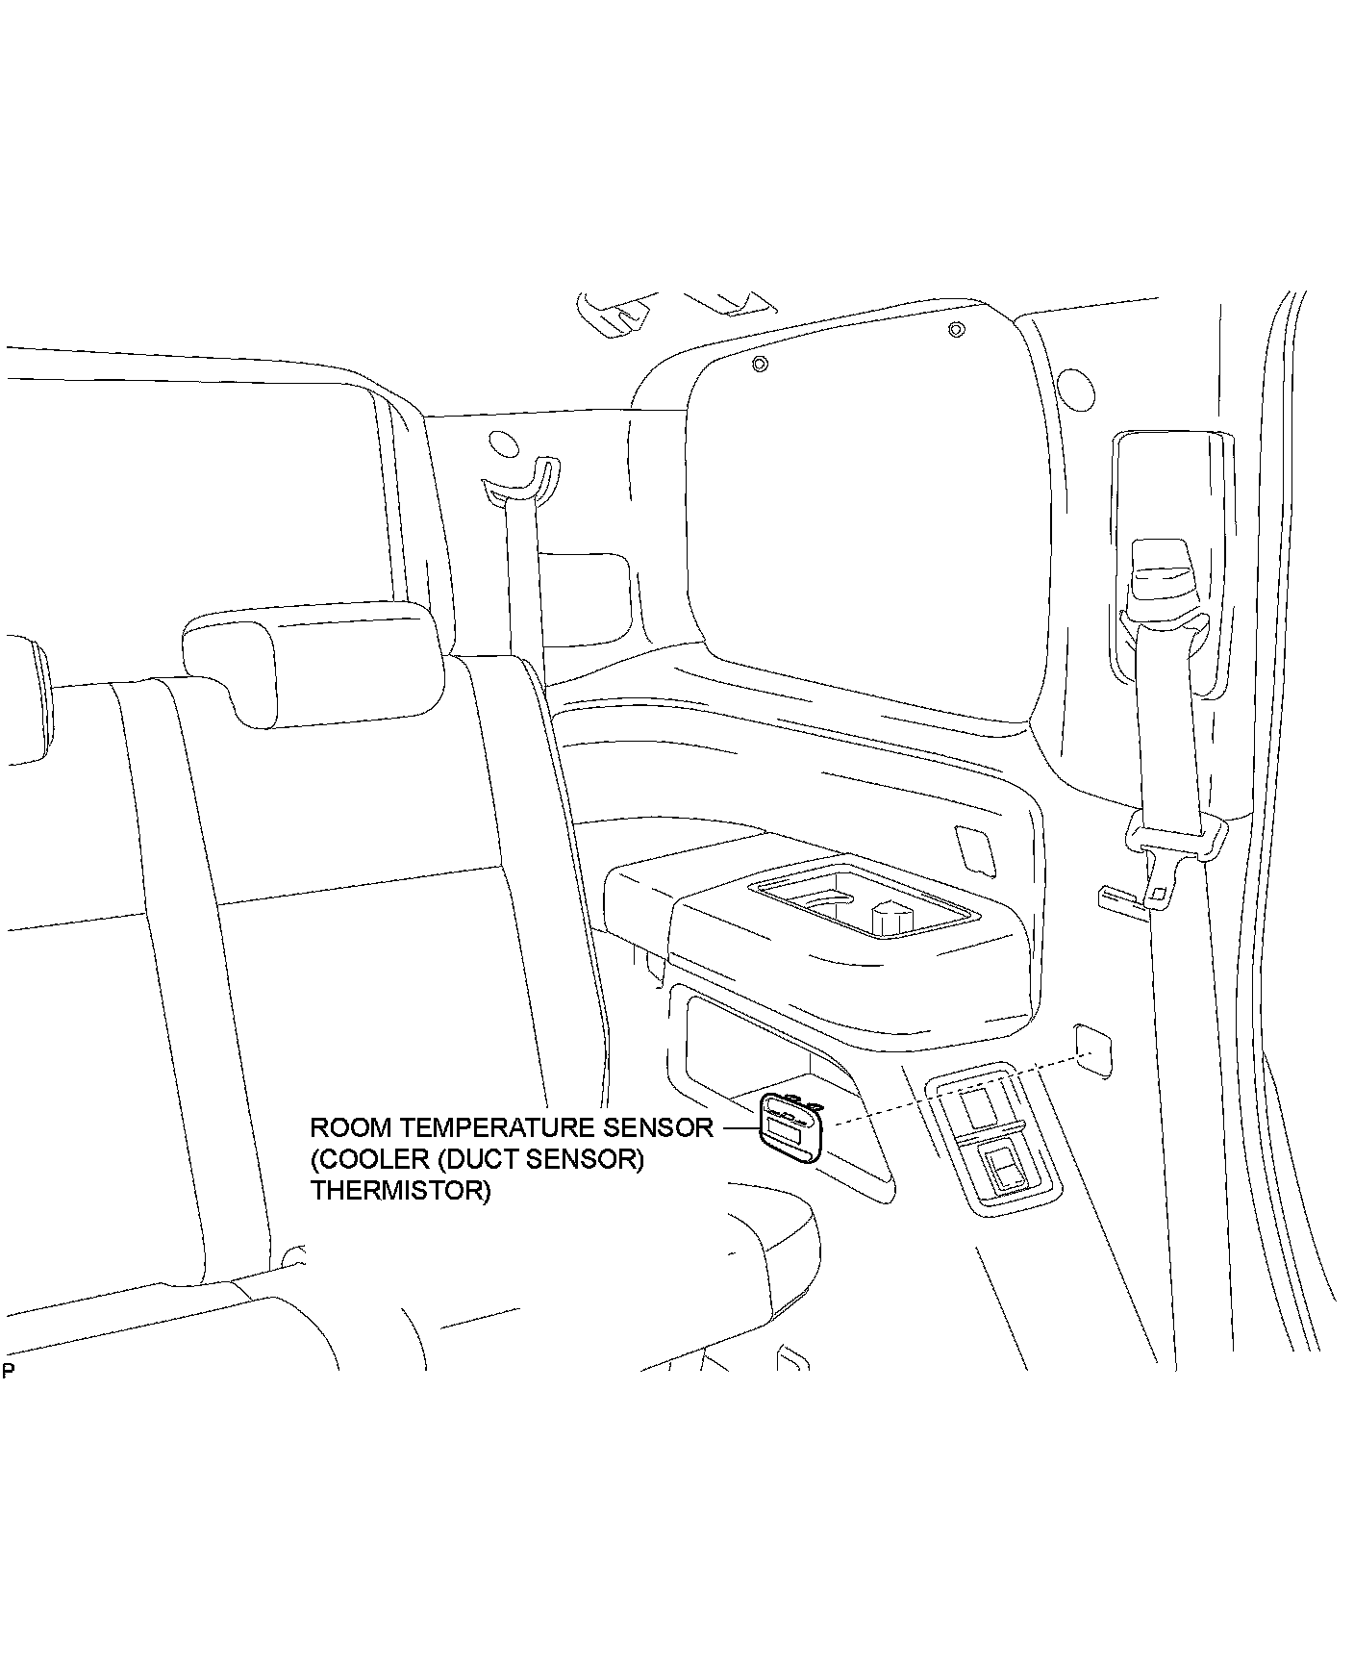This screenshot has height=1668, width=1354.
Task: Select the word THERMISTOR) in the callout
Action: (x=400, y=1191)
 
